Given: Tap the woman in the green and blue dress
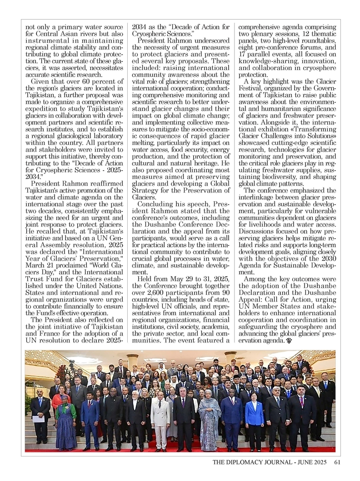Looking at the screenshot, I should [x=65, y=420].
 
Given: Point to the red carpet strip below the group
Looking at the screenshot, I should [x=182, y=450].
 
